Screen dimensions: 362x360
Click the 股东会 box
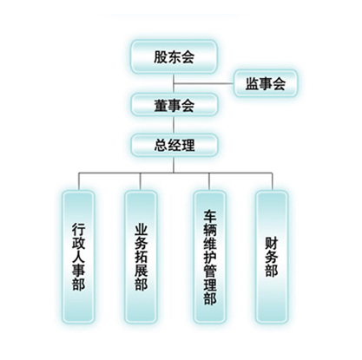click(x=174, y=56)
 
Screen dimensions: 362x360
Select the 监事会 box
click(x=266, y=83)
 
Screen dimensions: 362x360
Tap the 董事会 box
click(x=174, y=104)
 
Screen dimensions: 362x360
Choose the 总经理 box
click(x=174, y=145)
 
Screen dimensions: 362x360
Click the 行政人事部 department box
click(x=78, y=257)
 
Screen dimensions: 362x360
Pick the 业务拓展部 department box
click(x=141, y=257)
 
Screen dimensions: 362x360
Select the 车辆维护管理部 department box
click(x=210, y=257)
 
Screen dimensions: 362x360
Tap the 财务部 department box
click(x=272, y=257)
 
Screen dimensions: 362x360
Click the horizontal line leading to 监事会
click(x=203, y=84)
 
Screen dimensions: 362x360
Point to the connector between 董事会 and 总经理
click(x=174, y=125)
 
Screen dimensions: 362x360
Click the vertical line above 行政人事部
click(x=79, y=181)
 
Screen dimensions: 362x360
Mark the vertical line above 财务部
click(x=272, y=181)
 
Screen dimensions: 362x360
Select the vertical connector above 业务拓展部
click(x=141, y=181)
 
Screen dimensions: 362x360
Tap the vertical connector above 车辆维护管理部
click(x=209, y=181)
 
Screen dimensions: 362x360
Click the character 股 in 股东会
click(x=161, y=57)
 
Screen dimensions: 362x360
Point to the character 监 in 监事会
click(x=252, y=83)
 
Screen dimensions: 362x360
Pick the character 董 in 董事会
click(x=161, y=105)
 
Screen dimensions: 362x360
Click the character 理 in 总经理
click(x=188, y=145)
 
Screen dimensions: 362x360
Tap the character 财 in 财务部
click(x=272, y=244)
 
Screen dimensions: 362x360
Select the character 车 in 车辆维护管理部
click(x=210, y=216)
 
